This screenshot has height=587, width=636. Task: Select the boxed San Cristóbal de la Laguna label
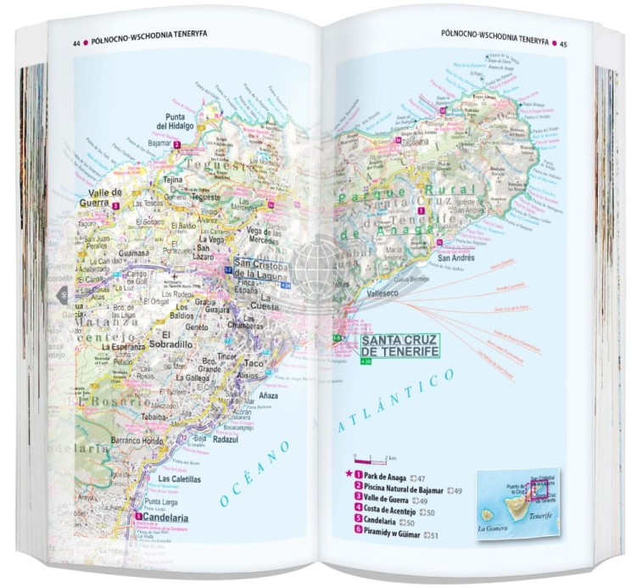point(261,269)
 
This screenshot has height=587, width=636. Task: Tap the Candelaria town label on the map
point(165,517)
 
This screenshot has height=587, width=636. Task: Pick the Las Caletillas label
point(180,478)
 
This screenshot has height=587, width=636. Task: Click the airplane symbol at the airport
point(176,277)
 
